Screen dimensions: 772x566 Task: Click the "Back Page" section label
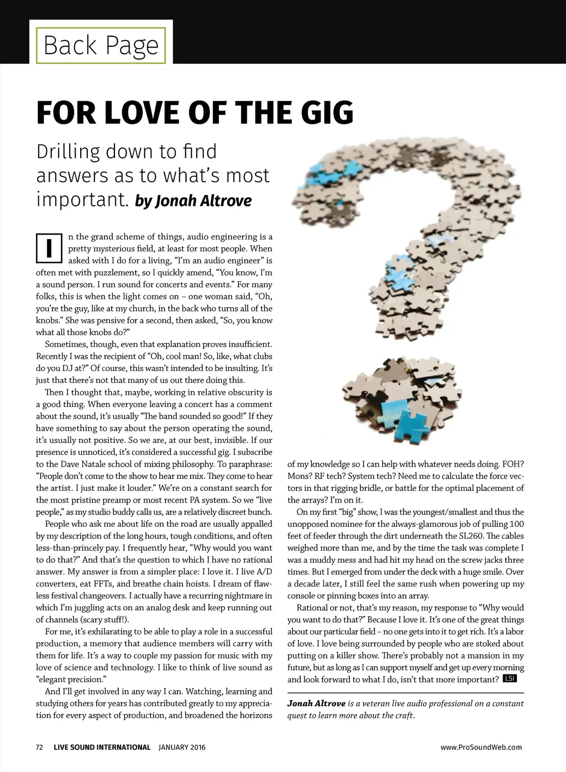click(x=101, y=45)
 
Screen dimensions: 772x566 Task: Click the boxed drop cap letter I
click(x=49, y=248)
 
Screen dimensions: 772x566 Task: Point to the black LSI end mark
click(x=510, y=679)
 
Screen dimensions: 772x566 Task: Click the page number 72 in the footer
click(x=39, y=747)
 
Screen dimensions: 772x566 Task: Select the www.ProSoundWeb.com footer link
click(x=481, y=747)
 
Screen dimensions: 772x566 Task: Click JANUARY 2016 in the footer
click(x=182, y=747)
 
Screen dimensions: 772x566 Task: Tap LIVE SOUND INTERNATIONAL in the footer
click(x=102, y=747)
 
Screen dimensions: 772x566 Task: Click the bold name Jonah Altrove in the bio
click(x=316, y=704)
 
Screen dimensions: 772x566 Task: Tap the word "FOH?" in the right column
click(x=513, y=464)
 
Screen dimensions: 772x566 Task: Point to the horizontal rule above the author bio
click(x=406, y=692)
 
